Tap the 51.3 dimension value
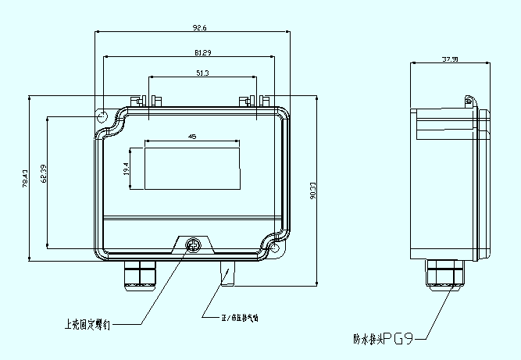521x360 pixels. pos(202,73)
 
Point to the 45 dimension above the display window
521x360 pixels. pos(192,136)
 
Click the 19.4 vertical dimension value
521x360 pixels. pos(126,168)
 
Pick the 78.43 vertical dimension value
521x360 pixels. pos(26,179)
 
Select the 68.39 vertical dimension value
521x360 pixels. pos(45,178)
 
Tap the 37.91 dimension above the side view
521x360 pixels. pos(449,59)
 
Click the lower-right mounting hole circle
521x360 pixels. pos(275,248)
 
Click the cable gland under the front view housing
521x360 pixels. pos(138,273)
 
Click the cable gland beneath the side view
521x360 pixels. pos(444,274)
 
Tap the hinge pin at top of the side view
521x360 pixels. pos(469,101)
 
